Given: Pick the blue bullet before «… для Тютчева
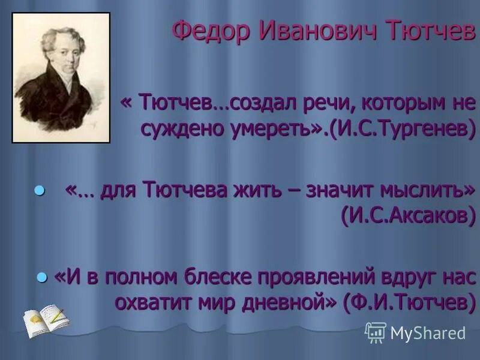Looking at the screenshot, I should [40, 190].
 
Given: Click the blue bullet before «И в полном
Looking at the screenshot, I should [41, 277].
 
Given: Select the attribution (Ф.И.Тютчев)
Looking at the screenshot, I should [406, 303].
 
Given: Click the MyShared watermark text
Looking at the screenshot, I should [428, 333].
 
